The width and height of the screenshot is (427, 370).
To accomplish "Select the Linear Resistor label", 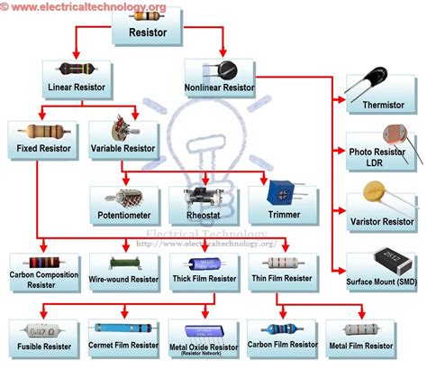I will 76,88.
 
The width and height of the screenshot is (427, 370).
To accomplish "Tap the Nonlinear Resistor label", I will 220,88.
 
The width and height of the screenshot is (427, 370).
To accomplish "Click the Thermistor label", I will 382,104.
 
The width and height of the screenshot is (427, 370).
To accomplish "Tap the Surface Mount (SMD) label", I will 382,282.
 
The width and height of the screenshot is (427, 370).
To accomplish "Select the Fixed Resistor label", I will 41,146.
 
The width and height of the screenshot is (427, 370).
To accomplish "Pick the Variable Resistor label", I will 123,146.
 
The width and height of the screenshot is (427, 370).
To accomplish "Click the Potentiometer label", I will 125,216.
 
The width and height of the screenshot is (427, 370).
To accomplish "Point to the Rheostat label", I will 204,216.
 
